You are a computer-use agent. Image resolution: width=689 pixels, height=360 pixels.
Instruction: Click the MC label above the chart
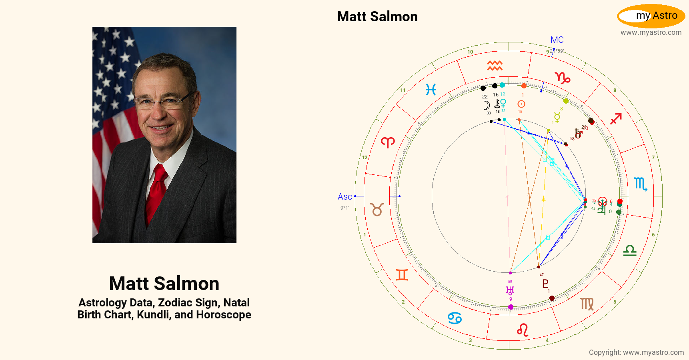(x=557, y=40)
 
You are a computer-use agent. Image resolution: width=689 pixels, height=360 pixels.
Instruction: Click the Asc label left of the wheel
(x=344, y=197)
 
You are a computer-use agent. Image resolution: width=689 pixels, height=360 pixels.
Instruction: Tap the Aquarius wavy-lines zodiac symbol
(x=495, y=66)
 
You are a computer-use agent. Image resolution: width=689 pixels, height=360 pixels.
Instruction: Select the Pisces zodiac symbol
(x=431, y=90)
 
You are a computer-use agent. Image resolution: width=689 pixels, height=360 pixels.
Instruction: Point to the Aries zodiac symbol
(x=388, y=142)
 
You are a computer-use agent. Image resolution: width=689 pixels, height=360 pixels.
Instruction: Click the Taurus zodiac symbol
(x=377, y=209)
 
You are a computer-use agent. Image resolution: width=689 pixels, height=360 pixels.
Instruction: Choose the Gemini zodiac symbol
(x=402, y=275)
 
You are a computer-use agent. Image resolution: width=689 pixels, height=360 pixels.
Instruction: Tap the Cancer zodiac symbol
(x=455, y=318)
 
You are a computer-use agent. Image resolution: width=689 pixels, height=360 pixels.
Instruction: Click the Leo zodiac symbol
(x=523, y=330)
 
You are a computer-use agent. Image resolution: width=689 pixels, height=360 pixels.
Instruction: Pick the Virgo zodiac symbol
(x=587, y=304)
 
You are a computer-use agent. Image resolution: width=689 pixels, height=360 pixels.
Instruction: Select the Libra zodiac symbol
(x=630, y=251)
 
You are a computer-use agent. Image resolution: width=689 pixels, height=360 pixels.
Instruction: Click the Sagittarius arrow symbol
(x=616, y=119)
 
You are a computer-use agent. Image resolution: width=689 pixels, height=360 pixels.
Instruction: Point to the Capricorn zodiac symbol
(x=563, y=78)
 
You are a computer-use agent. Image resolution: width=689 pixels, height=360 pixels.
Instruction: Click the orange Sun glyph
(x=521, y=104)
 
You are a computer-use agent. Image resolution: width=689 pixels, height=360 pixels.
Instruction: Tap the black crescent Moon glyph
(x=487, y=105)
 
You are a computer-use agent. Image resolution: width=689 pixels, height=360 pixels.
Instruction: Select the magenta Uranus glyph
(x=510, y=290)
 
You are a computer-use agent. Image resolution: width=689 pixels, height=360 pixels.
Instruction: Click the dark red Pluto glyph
(x=545, y=284)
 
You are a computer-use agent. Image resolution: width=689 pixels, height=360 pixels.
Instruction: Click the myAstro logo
(x=651, y=16)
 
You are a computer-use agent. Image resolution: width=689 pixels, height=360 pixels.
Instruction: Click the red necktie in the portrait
(x=157, y=192)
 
